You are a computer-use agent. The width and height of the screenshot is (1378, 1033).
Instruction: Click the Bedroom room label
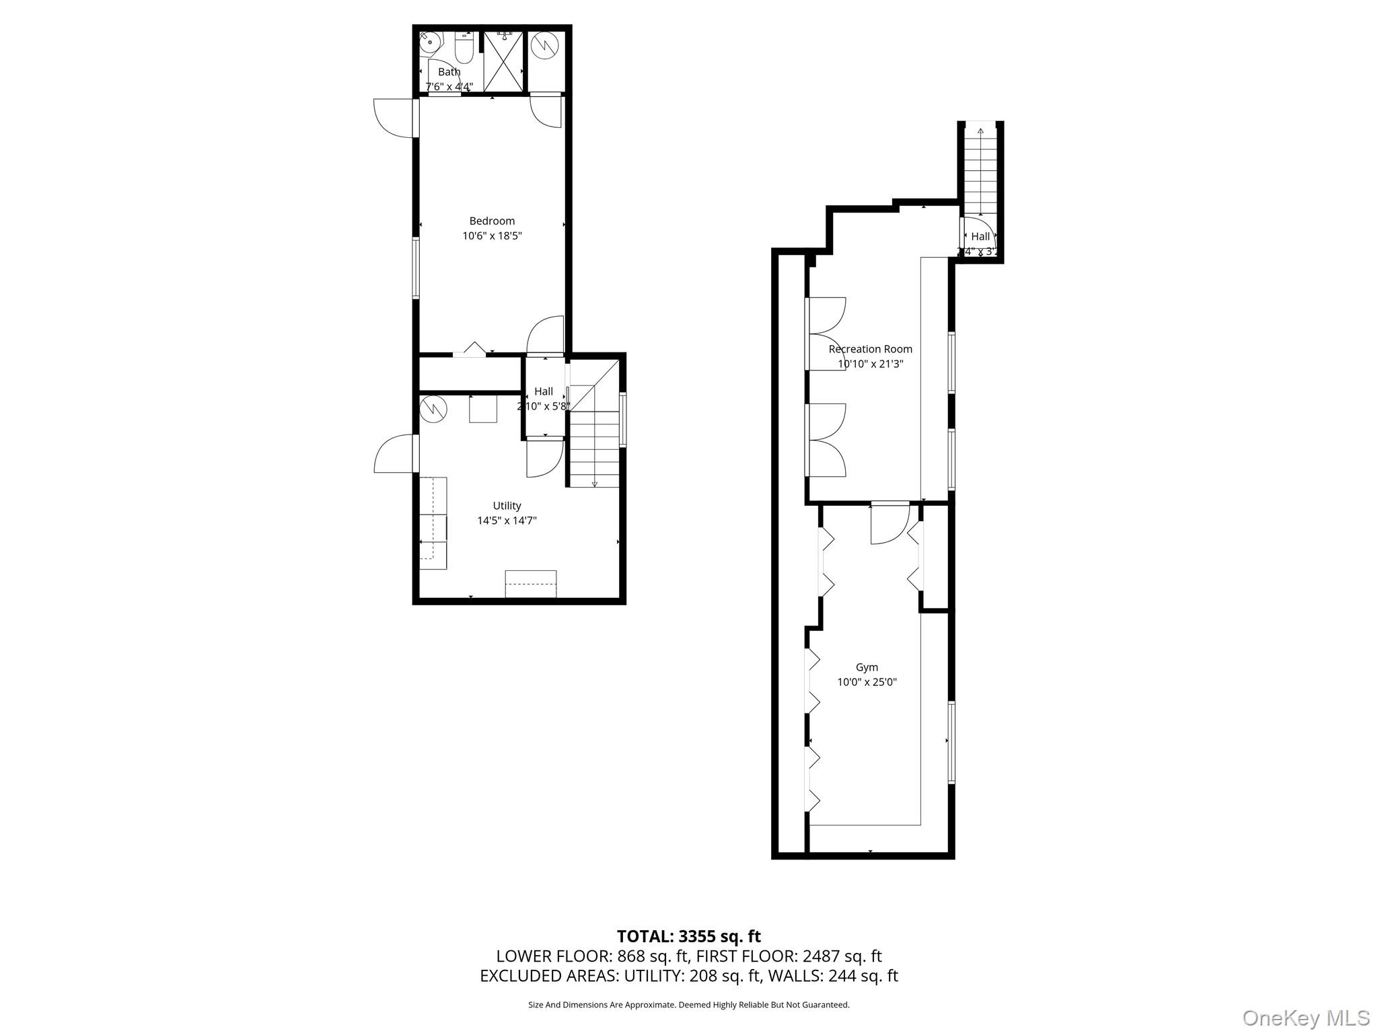pos(492,221)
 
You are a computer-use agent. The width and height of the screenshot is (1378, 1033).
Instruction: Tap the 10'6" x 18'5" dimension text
pos(492,236)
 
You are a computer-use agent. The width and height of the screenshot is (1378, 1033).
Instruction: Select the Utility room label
pos(507,506)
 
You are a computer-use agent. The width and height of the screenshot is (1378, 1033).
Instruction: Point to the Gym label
pos(867,667)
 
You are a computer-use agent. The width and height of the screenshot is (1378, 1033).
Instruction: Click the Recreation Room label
pos(870,349)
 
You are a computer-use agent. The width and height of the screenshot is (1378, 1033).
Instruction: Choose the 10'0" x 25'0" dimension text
pos(867,682)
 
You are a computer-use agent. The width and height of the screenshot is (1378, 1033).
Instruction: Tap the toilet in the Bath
pos(464,48)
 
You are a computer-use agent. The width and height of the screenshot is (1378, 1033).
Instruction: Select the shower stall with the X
pos(503,61)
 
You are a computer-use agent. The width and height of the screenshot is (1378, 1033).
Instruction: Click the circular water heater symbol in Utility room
pos(434,409)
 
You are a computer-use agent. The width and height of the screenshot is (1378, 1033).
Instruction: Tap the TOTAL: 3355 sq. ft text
pos(688,936)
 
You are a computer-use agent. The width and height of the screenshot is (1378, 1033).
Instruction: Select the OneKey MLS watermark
pos(1305,1018)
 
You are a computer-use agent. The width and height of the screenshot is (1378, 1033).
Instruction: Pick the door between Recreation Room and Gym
pos(890,523)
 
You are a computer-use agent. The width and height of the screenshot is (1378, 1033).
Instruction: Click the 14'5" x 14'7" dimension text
pos(507,521)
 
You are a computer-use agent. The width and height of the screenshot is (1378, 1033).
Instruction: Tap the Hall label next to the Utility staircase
pos(544,391)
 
